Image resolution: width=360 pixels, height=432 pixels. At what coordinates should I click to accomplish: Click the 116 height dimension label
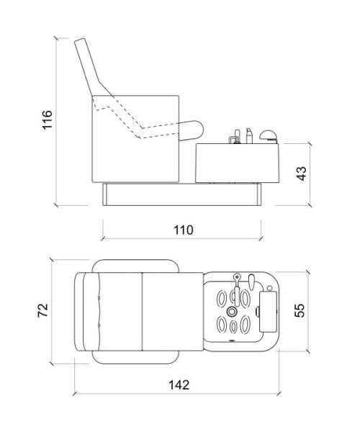coord(47,120)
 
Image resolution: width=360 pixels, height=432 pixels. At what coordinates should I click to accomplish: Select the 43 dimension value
coord(302,174)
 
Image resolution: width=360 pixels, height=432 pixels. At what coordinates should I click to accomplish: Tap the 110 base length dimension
coord(184,230)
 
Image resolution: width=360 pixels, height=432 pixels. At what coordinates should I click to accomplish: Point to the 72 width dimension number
coord(43,310)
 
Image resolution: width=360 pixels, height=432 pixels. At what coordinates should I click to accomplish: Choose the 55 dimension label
coord(300,310)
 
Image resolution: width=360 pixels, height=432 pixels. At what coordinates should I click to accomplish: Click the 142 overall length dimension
coord(179,385)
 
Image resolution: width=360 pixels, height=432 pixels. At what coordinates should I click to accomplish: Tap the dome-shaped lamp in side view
coord(269,137)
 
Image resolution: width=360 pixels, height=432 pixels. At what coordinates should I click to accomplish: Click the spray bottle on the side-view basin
coord(248,135)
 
